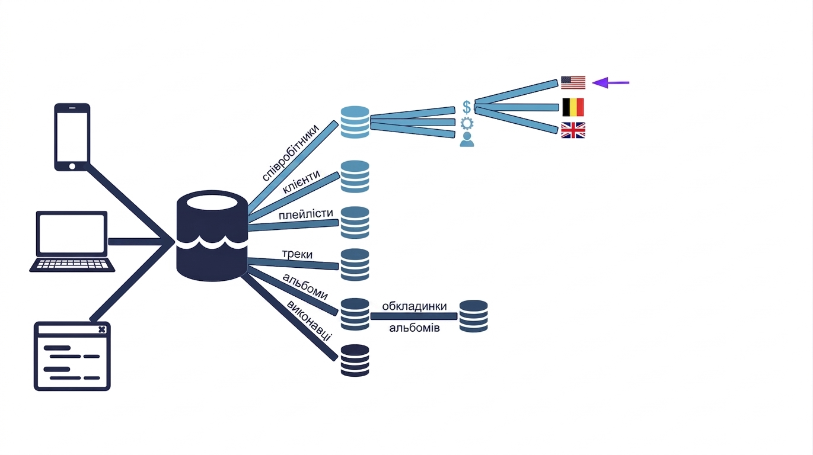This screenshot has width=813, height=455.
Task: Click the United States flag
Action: point(573,83)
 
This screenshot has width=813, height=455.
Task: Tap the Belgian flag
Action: point(573,107)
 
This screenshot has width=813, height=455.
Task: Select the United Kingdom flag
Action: point(573,130)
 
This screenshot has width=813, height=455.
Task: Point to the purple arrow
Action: point(610,83)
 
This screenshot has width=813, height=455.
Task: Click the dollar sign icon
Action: point(467,107)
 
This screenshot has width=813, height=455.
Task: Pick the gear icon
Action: point(467,124)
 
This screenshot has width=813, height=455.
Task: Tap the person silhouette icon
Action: point(467,140)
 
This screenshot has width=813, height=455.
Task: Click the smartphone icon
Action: point(72,137)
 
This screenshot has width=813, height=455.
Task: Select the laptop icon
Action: point(72,242)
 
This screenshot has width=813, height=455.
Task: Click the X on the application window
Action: point(102,329)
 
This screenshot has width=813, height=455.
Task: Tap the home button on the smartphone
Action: point(72,166)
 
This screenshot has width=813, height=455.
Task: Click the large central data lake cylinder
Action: point(212,236)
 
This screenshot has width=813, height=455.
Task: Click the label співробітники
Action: point(291,152)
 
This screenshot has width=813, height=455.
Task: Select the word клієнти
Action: point(301,181)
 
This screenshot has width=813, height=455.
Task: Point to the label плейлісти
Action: point(305,214)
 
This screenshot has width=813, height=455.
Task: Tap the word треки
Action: point(297,254)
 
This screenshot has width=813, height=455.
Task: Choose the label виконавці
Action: point(309,321)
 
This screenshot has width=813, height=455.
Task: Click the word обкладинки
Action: point(415,306)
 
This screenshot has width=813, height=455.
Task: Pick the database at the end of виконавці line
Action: point(355,360)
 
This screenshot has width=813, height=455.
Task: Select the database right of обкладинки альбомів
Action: point(474,316)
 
